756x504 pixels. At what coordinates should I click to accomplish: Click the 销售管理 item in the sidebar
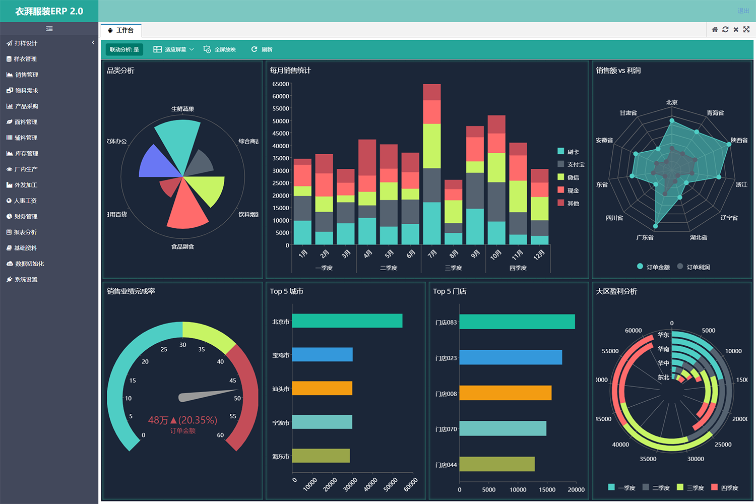26,75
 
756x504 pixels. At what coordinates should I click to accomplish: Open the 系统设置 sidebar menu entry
26,279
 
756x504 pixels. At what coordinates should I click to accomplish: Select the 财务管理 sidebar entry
26,216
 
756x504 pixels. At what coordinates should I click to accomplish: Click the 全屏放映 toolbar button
220,49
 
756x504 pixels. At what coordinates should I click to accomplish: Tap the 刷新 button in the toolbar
262,49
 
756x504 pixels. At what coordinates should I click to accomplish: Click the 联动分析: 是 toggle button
124,49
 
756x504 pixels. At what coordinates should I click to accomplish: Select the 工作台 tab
121,30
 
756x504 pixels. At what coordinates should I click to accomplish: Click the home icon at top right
715,30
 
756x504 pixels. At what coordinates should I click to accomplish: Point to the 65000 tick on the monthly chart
281,84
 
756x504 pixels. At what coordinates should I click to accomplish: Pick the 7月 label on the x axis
432,254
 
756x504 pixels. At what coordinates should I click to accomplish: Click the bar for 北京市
347,321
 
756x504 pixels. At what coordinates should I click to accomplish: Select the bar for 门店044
496,464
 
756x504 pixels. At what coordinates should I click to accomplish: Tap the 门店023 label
446,358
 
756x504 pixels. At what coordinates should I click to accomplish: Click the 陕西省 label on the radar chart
739,140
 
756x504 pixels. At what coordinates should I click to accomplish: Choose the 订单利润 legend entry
698,267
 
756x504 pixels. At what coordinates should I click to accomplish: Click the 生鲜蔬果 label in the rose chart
182,109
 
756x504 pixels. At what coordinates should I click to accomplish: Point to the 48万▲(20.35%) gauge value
182,420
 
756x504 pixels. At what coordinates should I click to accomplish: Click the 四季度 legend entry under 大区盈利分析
729,488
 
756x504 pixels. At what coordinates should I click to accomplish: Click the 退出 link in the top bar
743,11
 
